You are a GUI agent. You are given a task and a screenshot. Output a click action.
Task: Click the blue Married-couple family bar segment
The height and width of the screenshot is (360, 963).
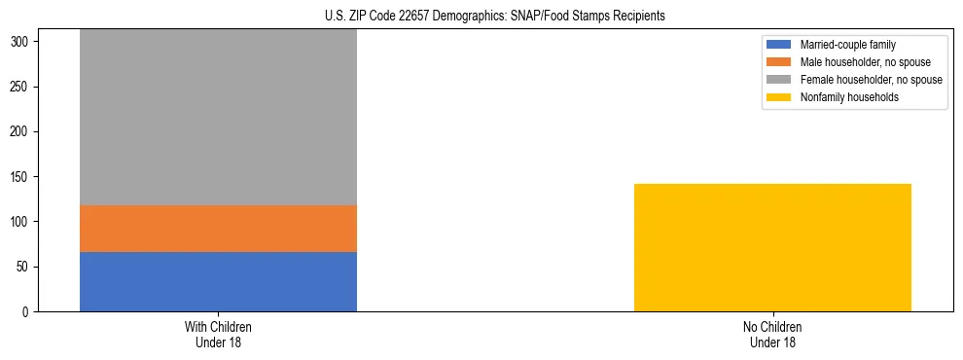click(218, 281)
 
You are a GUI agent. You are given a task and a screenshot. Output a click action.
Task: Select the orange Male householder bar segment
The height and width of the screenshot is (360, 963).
click(218, 228)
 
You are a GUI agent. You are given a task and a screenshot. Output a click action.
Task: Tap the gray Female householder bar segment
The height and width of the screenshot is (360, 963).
click(218, 117)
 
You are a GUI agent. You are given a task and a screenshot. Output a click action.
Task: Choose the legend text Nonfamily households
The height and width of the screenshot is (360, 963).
click(842, 97)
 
